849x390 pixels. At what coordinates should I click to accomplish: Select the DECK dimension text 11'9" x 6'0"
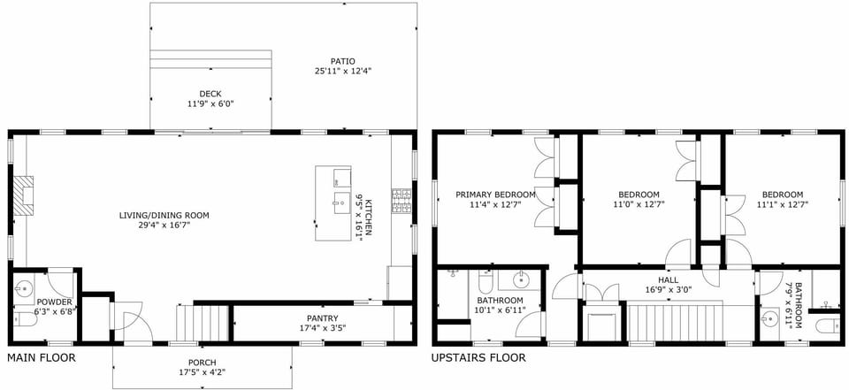(210, 103)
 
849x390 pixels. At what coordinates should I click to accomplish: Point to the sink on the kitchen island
(340, 202)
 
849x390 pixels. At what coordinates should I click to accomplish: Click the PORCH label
(202, 363)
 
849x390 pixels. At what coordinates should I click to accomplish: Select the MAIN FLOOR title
(42, 358)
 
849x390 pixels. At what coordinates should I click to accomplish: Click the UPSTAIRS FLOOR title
(478, 358)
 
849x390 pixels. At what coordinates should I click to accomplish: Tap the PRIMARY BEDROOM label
(495, 195)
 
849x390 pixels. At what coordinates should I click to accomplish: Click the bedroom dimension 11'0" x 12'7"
(639, 204)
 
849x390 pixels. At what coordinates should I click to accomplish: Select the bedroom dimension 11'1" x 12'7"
(782, 204)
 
